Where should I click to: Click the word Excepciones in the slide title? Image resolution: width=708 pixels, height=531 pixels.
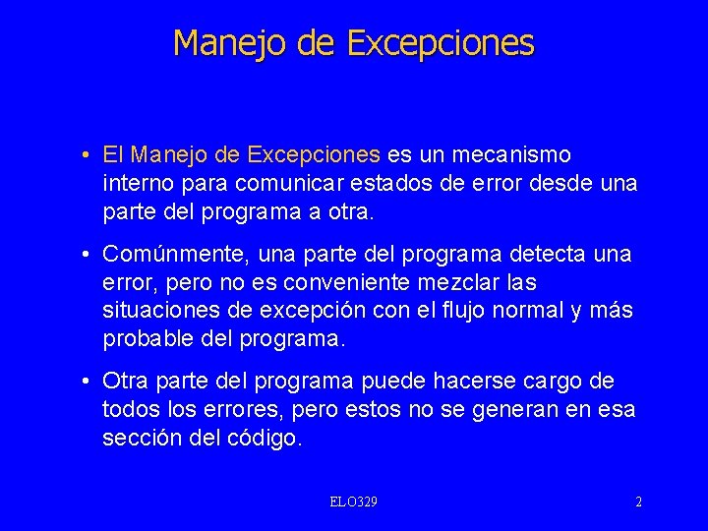(x=441, y=43)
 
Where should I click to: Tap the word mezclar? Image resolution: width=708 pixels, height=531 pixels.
(x=471, y=283)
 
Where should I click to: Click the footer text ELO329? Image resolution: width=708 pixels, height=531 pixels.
(x=354, y=502)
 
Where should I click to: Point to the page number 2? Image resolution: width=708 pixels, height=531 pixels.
(x=638, y=502)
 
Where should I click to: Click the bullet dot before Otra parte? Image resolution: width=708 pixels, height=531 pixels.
(x=88, y=382)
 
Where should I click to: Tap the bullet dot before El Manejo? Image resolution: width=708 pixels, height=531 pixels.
(x=88, y=155)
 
